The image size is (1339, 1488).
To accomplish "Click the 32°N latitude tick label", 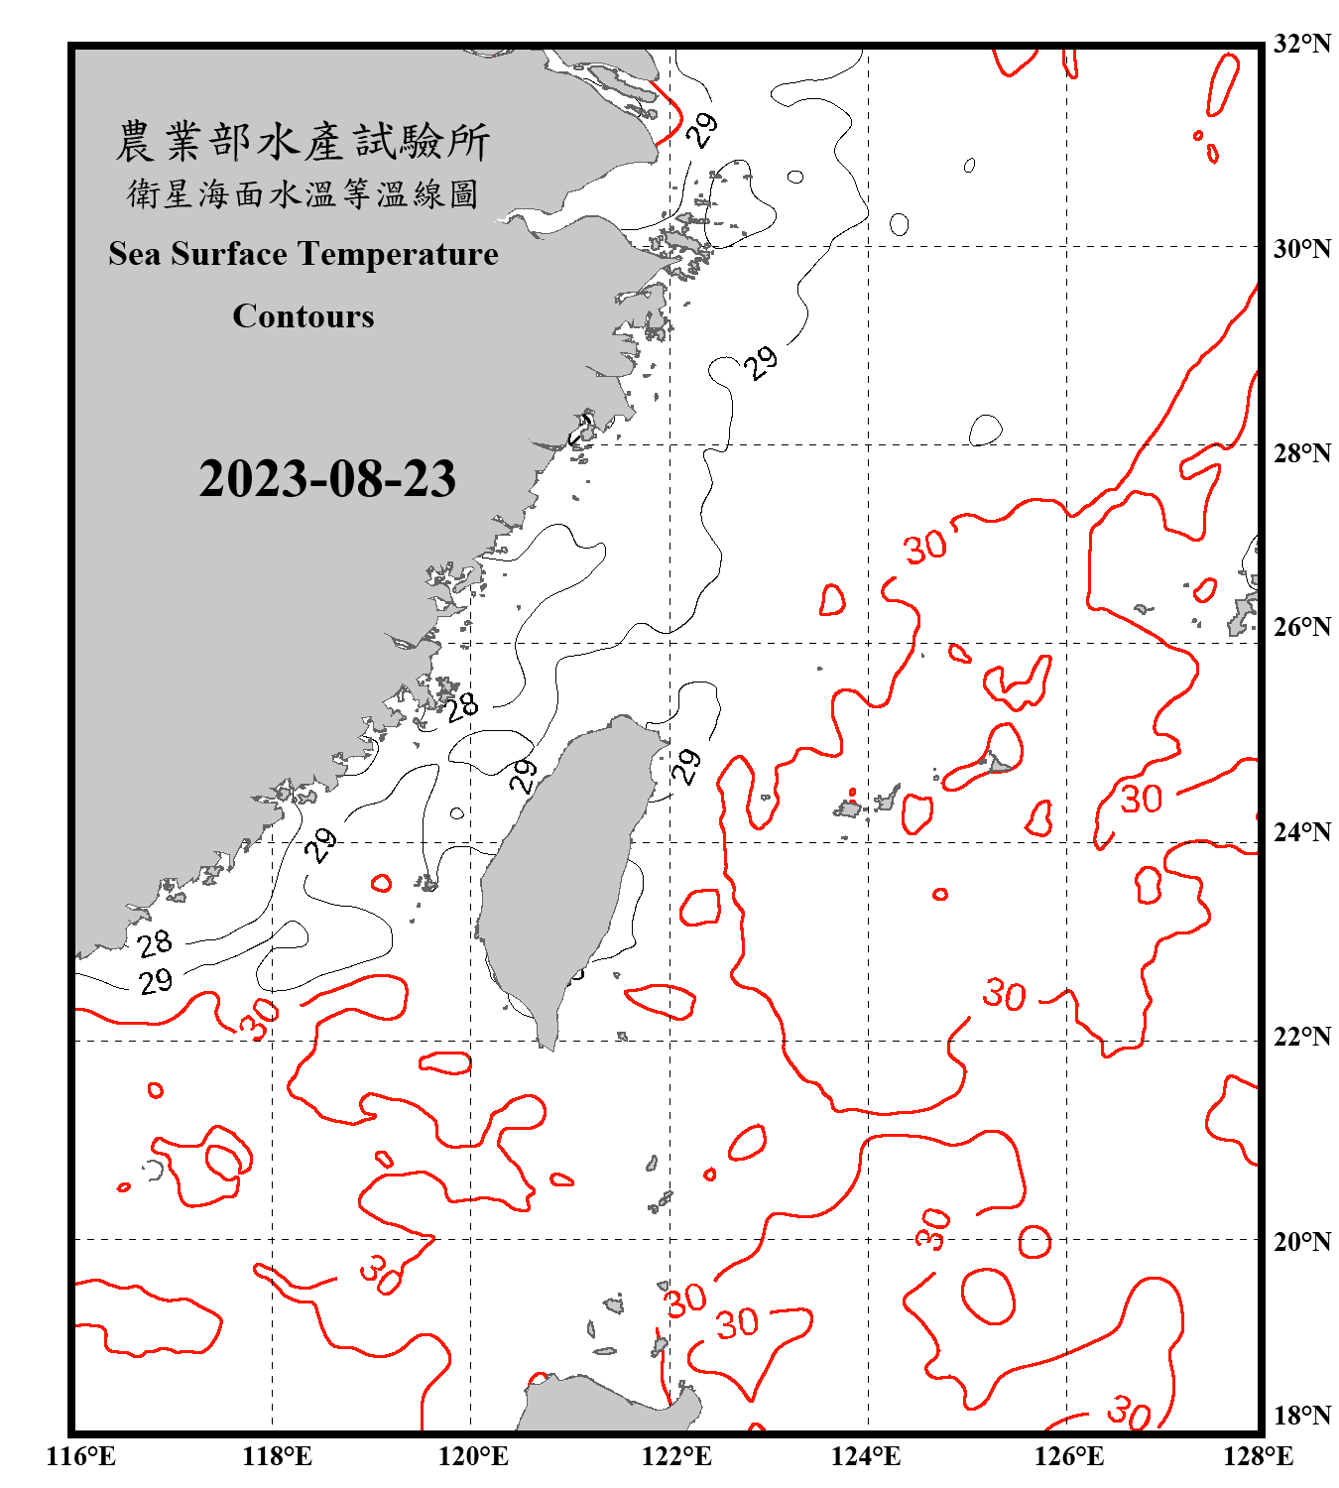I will pos(1301,44).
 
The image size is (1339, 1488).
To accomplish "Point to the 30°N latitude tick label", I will pos(1301,248).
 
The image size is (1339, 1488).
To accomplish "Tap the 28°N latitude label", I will pos(1301,453).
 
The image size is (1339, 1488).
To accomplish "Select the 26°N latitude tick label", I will pos(1301,627).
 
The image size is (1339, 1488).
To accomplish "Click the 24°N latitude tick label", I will pos(1301,831).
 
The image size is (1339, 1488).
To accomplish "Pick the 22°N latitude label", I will pos(1301,1037).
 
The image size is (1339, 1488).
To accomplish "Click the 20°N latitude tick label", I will pos(1301,1241).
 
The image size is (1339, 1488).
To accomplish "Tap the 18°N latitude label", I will pos(1301,1416).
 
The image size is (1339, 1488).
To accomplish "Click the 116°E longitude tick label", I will pos(81,1456).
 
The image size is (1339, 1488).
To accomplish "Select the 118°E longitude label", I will pos(277,1456).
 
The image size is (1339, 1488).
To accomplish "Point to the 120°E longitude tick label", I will pos(473,1456).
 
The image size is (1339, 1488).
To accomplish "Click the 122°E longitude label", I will pos(675,1456).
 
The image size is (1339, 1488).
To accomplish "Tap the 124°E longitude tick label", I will pos(866,1456).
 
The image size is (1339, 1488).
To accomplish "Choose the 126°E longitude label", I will pos(1068,1456).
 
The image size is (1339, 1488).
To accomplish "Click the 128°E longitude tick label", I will pos(1258,1456).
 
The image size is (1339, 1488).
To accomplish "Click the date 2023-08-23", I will pos(327,479).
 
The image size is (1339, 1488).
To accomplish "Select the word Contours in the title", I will pos(304,316).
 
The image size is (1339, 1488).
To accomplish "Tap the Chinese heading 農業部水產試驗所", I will pos(303,142).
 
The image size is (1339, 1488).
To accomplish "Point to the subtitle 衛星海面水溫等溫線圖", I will pos(303,193).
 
